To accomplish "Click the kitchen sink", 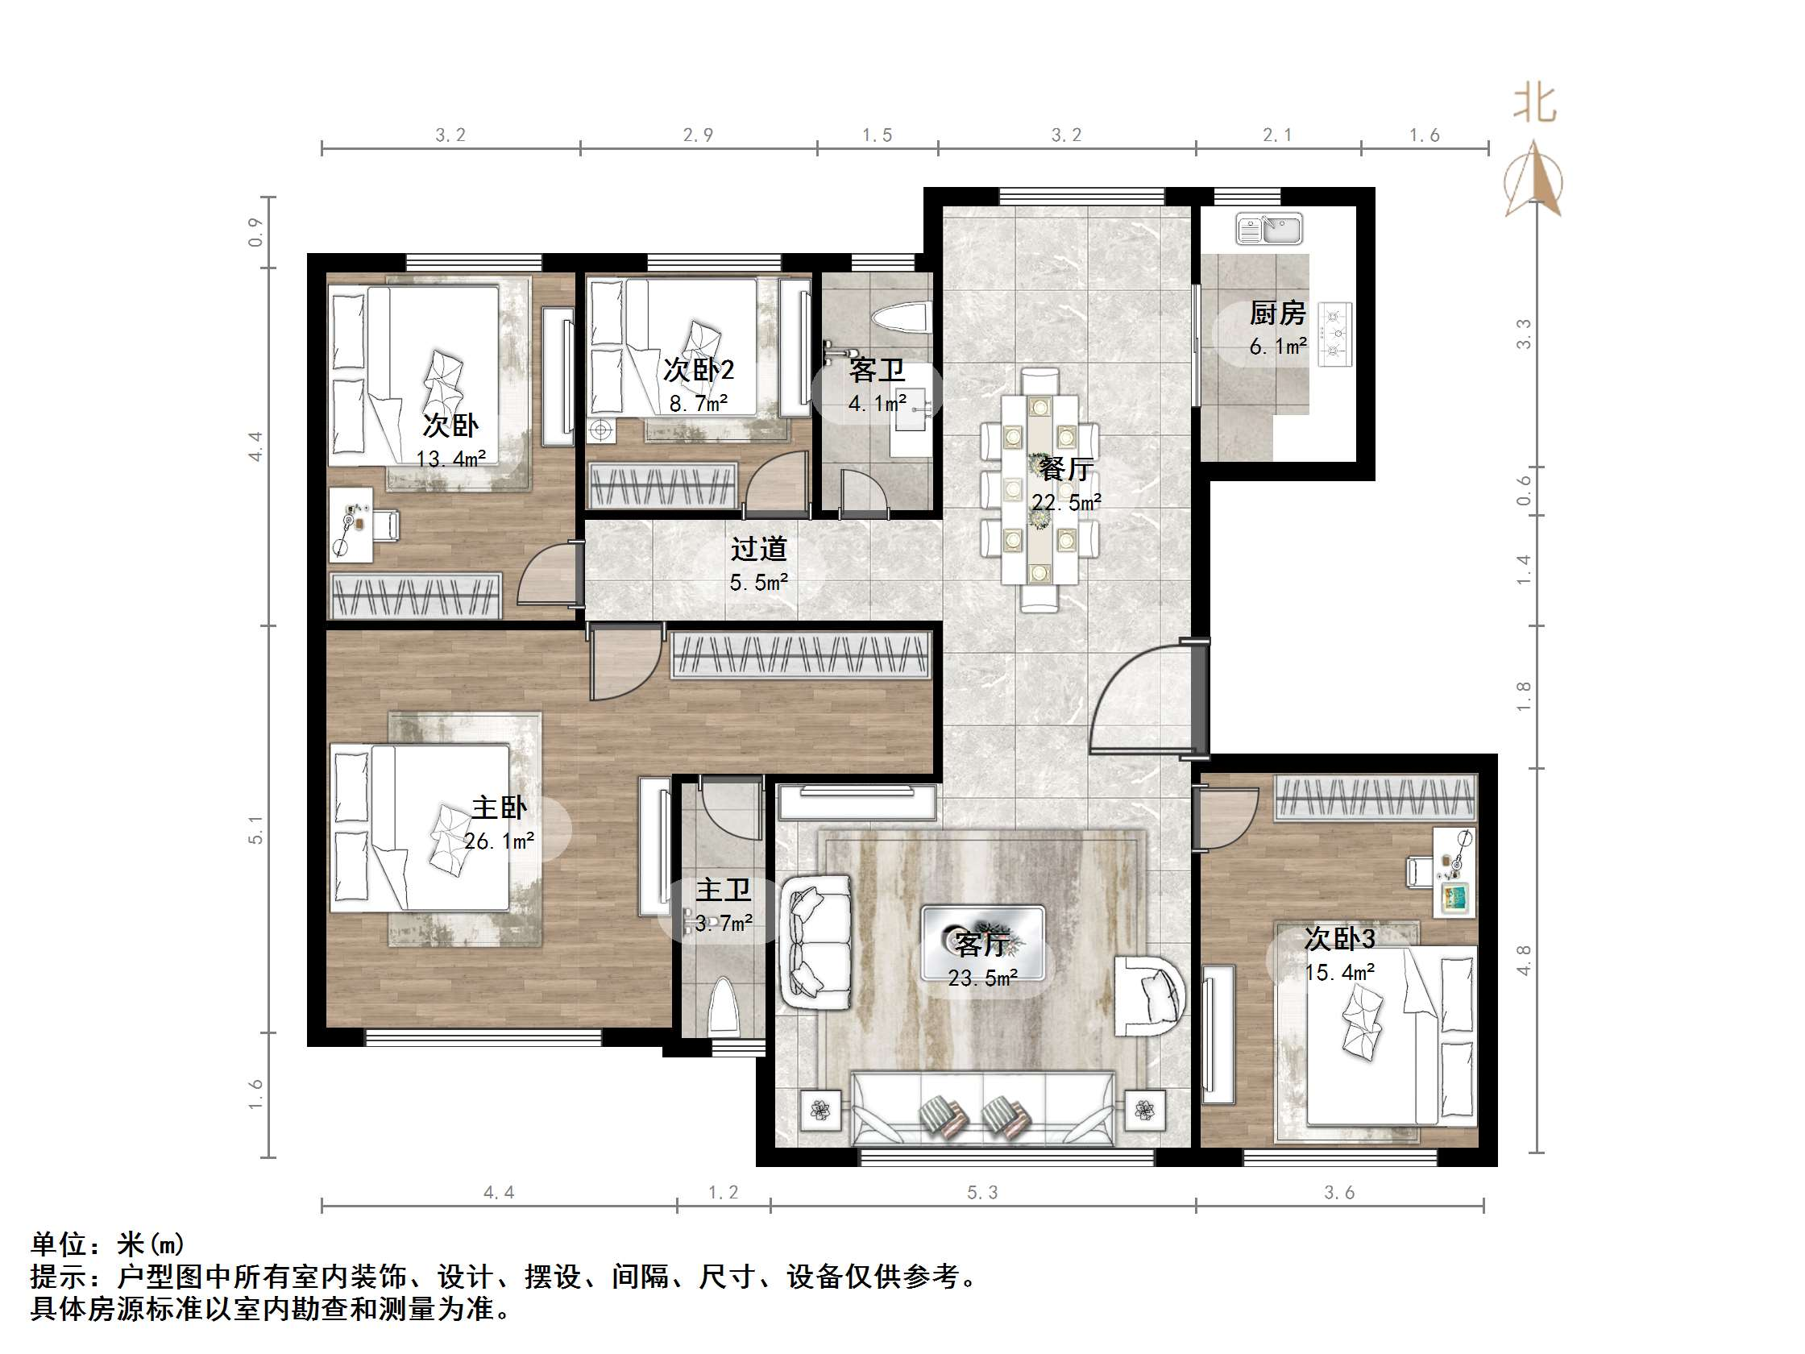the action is click(x=1269, y=229).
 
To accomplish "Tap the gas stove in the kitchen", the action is click(x=1336, y=333).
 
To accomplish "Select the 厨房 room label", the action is click(x=1278, y=314).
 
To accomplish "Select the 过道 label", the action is click(x=759, y=549).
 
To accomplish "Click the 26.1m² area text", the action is click(x=500, y=841).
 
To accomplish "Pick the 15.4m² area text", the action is click(x=1340, y=972).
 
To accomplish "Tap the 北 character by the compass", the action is click(x=1535, y=105).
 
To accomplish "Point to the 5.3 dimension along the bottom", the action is click(x=982, y=1194).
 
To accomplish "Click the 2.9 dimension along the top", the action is click(x=699, y=135).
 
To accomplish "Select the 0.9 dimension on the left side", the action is click(x=256, y=233).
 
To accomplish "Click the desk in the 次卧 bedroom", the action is click(x=351, y=525).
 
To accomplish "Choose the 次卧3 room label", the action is click(x=1340, y=940).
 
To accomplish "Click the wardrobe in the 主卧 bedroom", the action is click(x=801, y=655).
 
